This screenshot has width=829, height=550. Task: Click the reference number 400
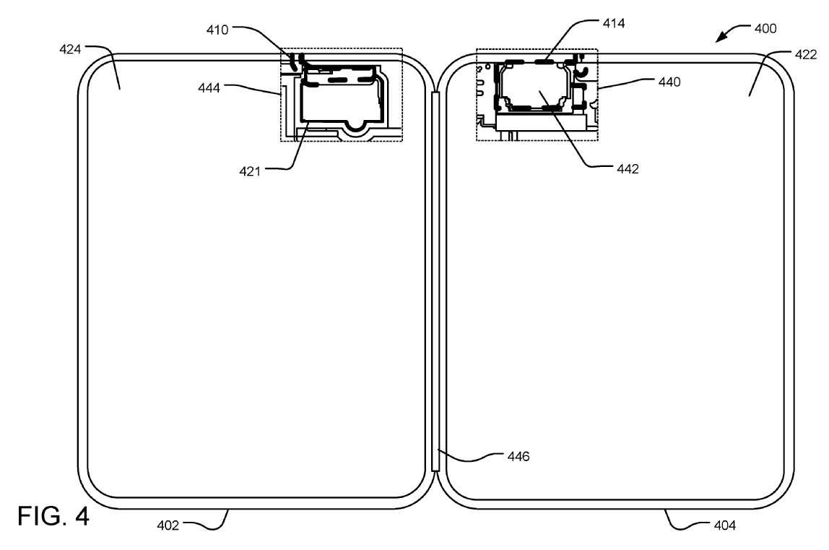point(765,30)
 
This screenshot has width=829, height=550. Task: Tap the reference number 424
point(73,50)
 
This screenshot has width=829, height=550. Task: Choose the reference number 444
point(212,87)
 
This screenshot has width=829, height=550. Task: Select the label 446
point(517,457)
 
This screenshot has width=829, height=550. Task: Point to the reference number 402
point(168,527)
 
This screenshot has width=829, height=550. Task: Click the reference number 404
point(721,527)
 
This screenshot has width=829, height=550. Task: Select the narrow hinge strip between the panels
point(435,282)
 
